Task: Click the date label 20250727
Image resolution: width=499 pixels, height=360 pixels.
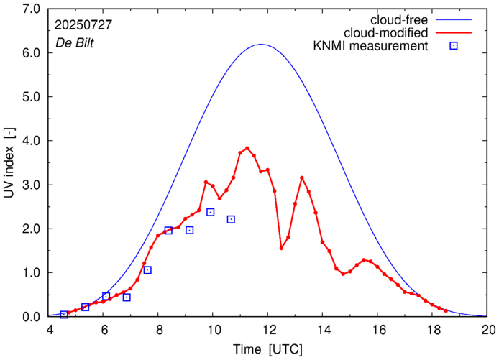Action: click(83, 24)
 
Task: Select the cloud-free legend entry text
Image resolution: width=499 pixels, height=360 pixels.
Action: click(397, 19)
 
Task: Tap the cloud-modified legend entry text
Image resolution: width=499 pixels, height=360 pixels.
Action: click(386, 32)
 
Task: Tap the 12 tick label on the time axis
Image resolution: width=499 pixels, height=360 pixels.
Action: click(269, 331)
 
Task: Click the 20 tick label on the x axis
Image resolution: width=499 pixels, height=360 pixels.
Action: click(489, 331)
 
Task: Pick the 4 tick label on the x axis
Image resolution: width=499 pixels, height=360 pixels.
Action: click(50, 331)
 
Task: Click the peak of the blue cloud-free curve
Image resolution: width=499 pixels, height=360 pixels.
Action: click(262, 45)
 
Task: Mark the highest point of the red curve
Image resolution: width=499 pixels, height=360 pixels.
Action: click(247, 149)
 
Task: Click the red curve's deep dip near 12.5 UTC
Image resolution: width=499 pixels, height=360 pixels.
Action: click(281, 248)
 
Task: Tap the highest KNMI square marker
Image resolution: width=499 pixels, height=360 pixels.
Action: click(211, 212)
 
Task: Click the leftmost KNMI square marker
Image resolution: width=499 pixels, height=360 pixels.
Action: click(64, 314)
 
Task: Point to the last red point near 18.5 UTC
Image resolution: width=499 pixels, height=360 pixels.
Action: click(447, 310)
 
